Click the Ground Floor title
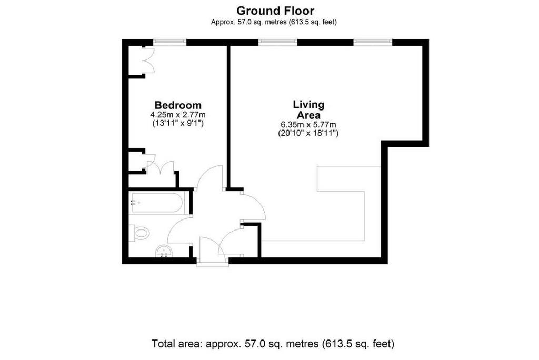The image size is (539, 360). tap(275, 11)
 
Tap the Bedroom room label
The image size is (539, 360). tap(178, 105)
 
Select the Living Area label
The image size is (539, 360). tap(308, 109)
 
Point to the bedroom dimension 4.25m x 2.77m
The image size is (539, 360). tap(178, 115)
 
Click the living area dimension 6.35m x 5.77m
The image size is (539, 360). tap(308, 124)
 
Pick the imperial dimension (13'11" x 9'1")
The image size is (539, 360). tap(178, 123)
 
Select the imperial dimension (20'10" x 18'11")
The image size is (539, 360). tap(308, 133)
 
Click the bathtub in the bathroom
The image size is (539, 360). tap(157, 203)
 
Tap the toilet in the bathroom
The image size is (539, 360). tap(139, 234)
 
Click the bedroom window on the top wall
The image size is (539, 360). tap(170, 42)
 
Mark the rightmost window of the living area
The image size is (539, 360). tap(373, 42)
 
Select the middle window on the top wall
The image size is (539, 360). tap(278, 42)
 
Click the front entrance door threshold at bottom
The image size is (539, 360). tap(213, 264)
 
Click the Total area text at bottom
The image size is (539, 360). tap(273, 344)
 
